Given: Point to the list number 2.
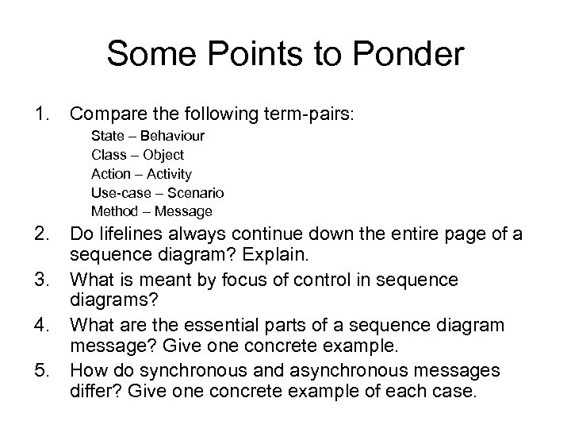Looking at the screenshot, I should [x=41, y=234].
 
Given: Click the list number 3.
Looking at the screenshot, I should [x=41, y=280].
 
